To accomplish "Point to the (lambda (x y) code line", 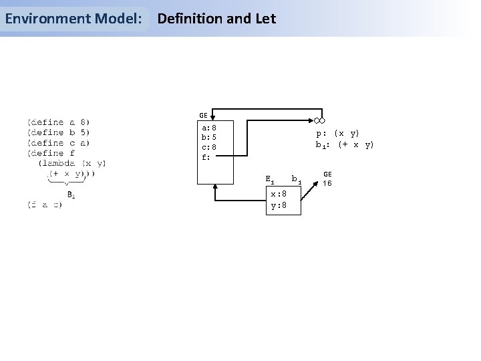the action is tap(72, 162).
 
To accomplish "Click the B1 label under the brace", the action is tap(71, 195).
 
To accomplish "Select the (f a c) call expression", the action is tap(45, 205).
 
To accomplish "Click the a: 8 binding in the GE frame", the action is tap(208, 127).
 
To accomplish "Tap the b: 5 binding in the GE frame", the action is tap(208, 137).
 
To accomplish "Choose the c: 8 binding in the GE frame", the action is tap(208, 147).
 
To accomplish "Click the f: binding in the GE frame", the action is tap(206, 158).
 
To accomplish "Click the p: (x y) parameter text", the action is tap(338, 134).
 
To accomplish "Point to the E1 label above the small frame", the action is tap(269, 179).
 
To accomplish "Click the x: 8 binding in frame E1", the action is tap(278, 195).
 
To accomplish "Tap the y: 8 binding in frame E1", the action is tap(278, 205).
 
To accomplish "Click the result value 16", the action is tap(327, 183).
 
